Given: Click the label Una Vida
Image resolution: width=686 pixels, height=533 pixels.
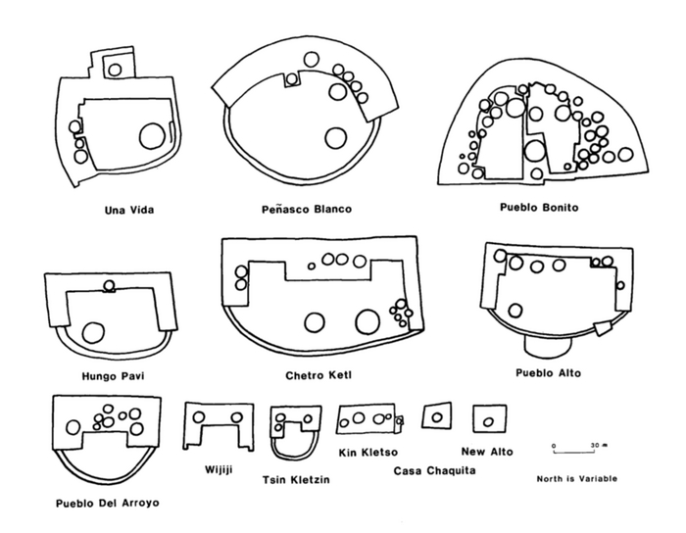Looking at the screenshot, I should point(130,209).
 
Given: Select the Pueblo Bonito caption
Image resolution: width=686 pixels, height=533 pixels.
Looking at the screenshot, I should point(540,208).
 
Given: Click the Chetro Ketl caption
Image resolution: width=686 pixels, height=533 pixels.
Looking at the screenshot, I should point(319,374).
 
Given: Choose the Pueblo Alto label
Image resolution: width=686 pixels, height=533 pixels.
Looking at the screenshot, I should point(548,372).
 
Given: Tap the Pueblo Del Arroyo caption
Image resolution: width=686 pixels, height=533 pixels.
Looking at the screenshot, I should point(108,504).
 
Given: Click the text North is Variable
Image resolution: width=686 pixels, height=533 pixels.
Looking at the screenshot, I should point(572,479).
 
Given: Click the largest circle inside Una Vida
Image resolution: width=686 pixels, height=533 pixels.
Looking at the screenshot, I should point(152,135).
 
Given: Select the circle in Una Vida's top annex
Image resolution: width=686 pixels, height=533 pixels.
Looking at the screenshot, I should point(116,69).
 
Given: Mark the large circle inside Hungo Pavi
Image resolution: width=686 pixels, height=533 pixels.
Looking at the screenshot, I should point(94,332).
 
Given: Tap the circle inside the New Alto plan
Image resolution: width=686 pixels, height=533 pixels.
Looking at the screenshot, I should point(487,419).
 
